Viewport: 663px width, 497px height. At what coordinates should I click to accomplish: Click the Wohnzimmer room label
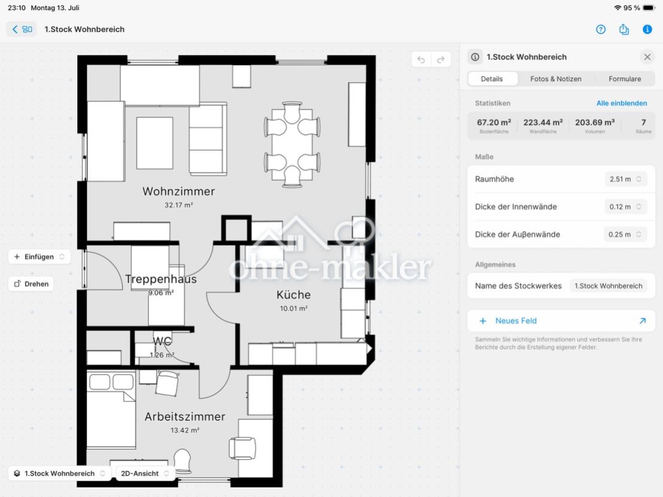click(x=178, y=192)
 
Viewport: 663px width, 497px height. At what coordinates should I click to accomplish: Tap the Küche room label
click(x=293, y=295)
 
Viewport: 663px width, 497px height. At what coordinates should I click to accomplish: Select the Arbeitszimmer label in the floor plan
click(x=185, y=417)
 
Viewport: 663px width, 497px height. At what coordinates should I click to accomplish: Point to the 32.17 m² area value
click(x=178, y=205)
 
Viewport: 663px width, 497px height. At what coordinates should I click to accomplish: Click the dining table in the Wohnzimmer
click(x=292, y=144)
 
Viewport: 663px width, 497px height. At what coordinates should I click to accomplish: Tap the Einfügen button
click(x=39, y=256)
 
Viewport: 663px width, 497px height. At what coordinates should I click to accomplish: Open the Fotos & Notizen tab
click(x=556, y=79)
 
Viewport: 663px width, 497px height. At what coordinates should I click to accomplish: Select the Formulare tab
click(x=625, y=79)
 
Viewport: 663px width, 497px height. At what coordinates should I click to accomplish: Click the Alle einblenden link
click(x=622, y=103)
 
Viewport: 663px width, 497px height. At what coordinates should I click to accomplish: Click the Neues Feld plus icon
click(x=483, y=321)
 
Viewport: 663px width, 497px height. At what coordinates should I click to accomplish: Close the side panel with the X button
click(x=647, y=57)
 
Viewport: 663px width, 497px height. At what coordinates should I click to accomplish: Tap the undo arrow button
click(x=421, y=60)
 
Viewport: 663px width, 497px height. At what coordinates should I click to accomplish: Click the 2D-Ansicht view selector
click(x=144, y=473)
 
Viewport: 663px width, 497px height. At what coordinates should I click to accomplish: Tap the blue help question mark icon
click(x=601, y=29)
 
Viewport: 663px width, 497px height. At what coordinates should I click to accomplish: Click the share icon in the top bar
click(x=623, y=29)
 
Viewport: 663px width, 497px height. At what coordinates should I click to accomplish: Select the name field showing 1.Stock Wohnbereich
click(x=608, y=286)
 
